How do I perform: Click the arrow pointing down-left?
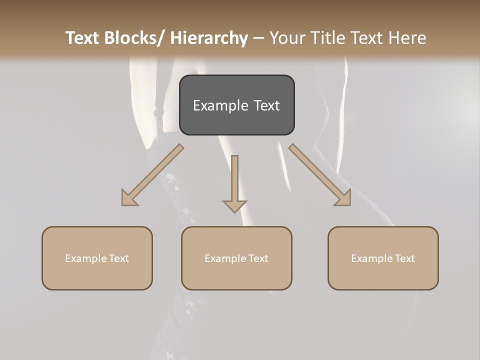(x=153, y=175)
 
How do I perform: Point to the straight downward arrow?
(x=234, y=182)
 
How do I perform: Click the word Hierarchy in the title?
(x=209, y=38)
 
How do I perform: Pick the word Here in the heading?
(x=408, y=38)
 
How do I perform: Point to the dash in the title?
(x=258, y=38)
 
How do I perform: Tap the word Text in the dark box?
(x=266, y=105)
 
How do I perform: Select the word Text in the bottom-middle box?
(x=257, y=258)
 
